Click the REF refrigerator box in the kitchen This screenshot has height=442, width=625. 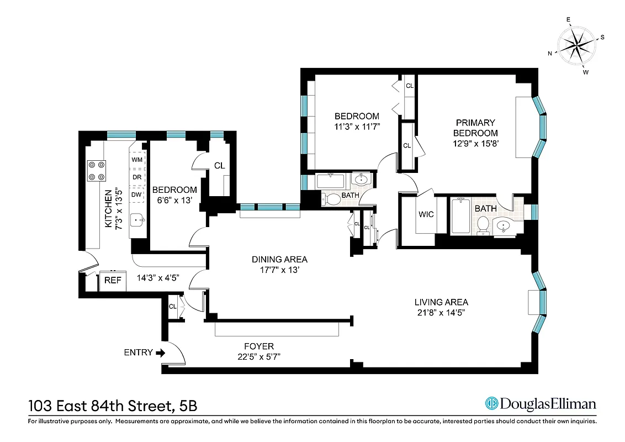pos(113,280)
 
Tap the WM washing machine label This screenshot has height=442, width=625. pos(137,160)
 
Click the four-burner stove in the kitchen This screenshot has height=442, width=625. pos(97,170)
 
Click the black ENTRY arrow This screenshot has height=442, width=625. pos(161,352)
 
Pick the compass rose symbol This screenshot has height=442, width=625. pos(577,46)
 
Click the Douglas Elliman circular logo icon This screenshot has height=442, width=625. pos(491,404)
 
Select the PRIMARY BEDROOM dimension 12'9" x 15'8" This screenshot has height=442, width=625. pos(475,143)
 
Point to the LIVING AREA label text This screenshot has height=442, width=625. pos(441,302)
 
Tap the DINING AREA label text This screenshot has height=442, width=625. pos(279,259)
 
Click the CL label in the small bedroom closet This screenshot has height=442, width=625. pos(219,165)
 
